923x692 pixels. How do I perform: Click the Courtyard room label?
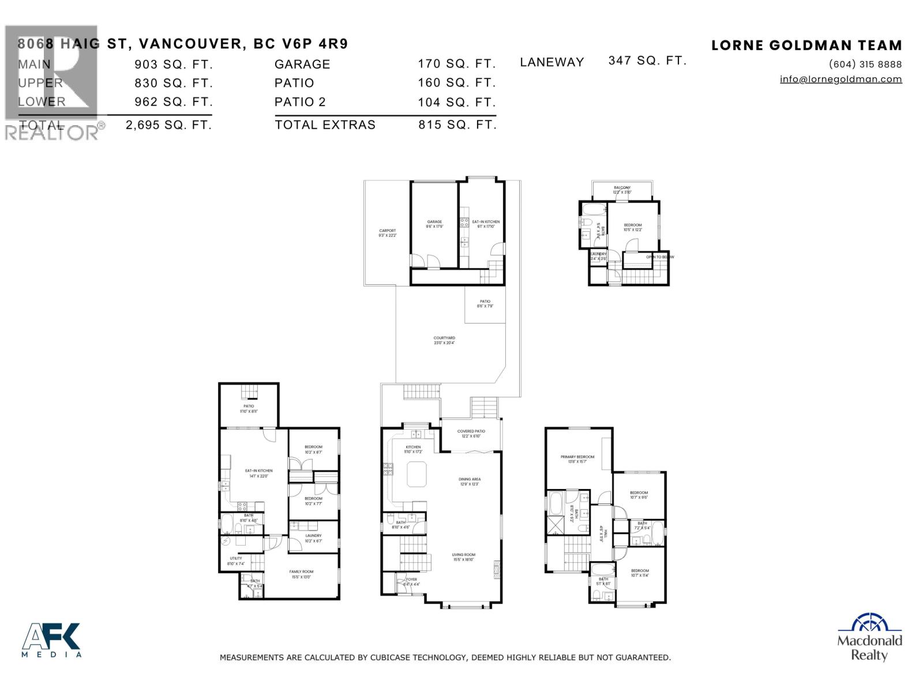444,339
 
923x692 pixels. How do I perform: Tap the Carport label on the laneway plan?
387,231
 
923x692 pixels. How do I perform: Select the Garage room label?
434,222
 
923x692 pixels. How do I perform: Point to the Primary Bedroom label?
577,457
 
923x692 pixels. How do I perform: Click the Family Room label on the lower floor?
301,572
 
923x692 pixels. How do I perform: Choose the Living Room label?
464,555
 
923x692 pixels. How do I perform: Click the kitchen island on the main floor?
416,474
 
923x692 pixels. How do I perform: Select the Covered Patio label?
471,431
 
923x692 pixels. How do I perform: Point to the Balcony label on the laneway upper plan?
622,188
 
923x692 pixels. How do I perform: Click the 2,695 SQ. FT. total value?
168,125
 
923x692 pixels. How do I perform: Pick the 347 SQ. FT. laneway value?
647,61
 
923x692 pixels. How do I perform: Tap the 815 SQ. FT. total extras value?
457,125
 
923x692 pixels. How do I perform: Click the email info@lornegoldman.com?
841,79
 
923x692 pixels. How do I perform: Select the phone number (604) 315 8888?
865,64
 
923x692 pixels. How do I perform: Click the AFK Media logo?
51,640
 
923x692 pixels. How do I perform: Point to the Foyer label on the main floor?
411,580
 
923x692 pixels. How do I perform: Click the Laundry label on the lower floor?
313,536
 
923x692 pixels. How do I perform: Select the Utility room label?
236,559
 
